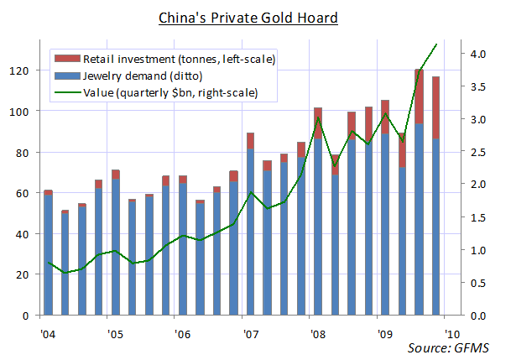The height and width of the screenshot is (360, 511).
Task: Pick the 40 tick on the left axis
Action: tap(23, 234)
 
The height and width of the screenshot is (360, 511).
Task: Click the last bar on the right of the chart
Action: tap(435, 201)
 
